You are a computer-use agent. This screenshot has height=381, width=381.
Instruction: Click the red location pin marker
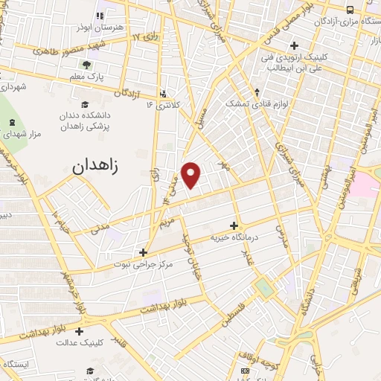tap(192, 174)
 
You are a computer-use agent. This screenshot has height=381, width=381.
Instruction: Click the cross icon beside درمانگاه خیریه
tap(234, 225)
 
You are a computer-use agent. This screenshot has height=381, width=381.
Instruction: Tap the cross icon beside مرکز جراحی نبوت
tap(143, 252)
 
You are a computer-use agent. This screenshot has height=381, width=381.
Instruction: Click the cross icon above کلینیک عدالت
tap(80, 332)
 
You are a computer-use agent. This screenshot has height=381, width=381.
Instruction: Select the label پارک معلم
tap(87, 75)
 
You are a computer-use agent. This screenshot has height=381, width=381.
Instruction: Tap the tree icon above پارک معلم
tap(87, 63)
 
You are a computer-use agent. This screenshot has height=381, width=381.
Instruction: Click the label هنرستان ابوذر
tap(100, 27)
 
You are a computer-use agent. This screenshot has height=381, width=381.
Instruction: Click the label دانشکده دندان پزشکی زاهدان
tap(84, 121)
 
